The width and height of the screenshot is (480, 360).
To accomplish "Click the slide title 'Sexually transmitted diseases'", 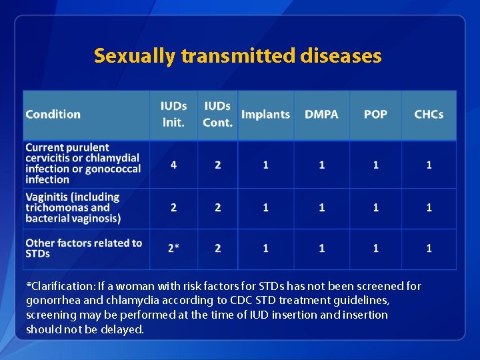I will [238, 55].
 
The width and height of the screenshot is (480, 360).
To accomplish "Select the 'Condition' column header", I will [53, 115].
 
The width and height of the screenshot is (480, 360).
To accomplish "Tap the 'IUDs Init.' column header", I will [173, 115].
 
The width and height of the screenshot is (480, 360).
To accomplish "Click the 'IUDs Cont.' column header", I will [218, 115].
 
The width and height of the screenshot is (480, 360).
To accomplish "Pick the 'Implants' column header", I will [265, 115].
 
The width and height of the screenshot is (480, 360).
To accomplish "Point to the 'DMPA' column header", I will [321, 115].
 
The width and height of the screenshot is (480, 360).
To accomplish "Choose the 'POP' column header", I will [375, 115].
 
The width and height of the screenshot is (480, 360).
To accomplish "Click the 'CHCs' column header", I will [429, 115].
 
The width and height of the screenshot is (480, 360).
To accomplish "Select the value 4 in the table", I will [174, 165].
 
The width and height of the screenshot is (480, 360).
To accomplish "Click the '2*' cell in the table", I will [173, 248].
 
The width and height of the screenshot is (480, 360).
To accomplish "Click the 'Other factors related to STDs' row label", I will [83, 248].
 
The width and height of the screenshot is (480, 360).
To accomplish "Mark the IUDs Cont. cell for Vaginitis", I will [218, 208].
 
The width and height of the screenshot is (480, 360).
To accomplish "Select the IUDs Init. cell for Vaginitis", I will [174, 208].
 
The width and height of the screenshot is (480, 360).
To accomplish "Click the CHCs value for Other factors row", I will [429, 248].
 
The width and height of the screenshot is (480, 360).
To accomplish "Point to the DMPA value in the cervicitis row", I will [321, 165].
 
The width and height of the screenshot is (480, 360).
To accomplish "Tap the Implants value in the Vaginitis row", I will [265, 208].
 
